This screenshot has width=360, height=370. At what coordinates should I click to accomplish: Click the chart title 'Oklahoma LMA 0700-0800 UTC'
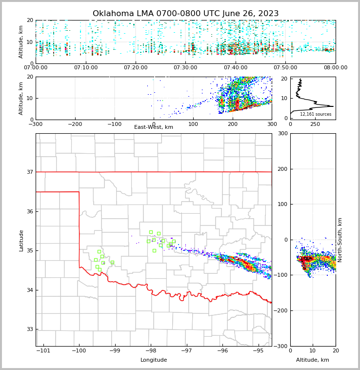click(x=185, y=14)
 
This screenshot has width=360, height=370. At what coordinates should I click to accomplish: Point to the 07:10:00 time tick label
click(x=85, y=68)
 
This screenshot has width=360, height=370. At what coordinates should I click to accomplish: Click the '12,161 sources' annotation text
click(x=316, y=114)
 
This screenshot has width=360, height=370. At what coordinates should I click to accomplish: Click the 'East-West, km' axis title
click(x=154, y=127)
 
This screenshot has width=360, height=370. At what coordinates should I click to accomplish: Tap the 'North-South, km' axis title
click(x=340, y=240)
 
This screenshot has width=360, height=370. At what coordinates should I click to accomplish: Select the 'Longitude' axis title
click(x=154, y=360)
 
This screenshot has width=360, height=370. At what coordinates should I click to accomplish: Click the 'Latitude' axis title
click(x=21, y=240)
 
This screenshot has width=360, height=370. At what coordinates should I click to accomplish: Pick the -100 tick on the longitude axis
click(x=79, y=351)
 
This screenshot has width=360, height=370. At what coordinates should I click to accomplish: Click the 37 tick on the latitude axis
click(x=29, y=172)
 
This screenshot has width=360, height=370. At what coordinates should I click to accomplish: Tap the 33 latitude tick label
click(x=29, y=329)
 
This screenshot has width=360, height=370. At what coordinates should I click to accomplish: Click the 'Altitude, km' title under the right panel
click(x=313, y=360)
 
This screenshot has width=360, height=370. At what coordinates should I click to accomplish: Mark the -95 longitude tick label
click(x=258, y=351)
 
